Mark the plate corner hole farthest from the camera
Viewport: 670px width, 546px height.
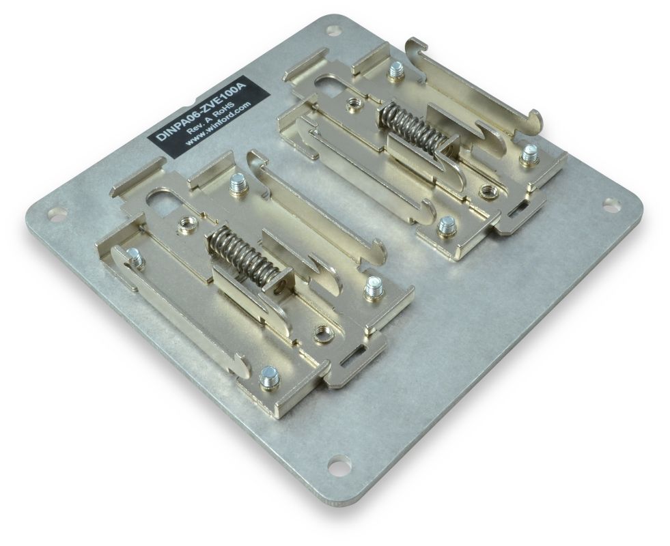click(x=333, y=31)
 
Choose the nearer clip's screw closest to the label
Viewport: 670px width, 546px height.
click(x=236, y=182)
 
